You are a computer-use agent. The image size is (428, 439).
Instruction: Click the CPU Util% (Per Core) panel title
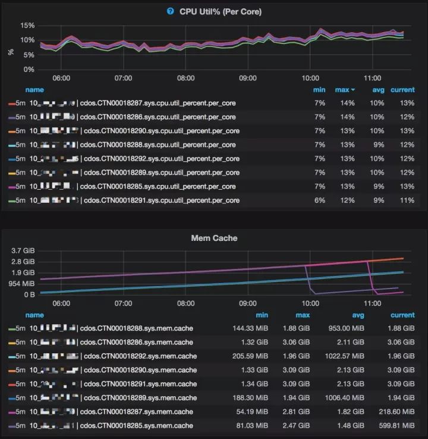221,11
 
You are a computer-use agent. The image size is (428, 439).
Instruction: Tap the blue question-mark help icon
171,11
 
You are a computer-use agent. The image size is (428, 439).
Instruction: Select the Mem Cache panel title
213,238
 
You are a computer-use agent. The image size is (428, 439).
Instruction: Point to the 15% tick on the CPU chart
27,26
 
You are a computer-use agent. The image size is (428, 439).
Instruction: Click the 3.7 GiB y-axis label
23,251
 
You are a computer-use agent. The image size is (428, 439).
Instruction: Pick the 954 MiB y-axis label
23,284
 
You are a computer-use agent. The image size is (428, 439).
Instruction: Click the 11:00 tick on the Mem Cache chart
372,303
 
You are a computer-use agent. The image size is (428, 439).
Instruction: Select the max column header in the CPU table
344,90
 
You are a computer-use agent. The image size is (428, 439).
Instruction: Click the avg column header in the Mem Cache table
357,315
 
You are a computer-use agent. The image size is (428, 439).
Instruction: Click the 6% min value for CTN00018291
320,200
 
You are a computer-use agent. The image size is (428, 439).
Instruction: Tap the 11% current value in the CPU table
407,200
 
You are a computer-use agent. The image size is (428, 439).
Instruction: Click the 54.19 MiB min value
251,412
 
